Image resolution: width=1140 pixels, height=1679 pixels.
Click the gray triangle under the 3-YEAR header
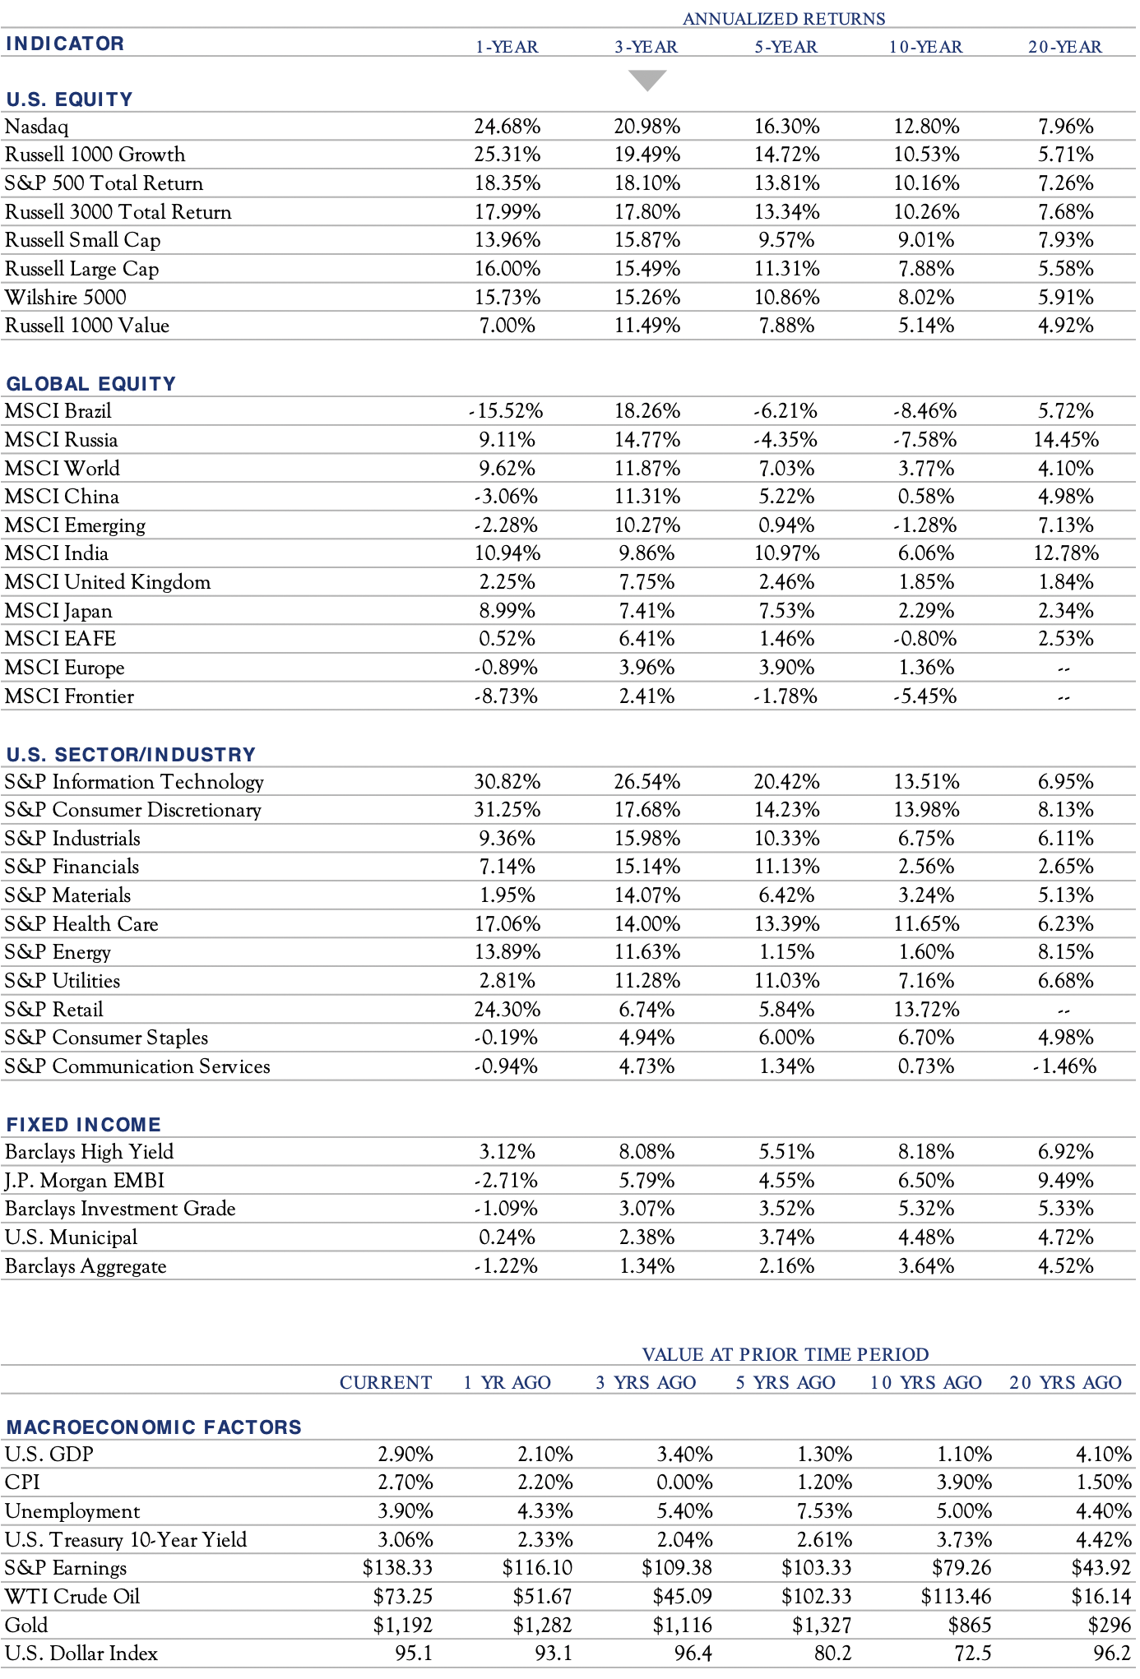[647, 80]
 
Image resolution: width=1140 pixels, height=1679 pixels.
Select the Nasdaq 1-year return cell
[507, 127]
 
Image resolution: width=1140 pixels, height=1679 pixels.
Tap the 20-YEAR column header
[1065, 47]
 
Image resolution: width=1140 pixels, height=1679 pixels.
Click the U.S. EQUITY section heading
[69, 99]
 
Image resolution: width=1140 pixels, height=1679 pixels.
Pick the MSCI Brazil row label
[58, 411]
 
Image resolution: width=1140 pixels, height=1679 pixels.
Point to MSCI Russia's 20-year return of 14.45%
[1065, 440]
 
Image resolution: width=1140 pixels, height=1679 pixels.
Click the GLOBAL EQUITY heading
[91, 384]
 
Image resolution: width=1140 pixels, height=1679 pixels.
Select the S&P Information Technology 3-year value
[646, 781]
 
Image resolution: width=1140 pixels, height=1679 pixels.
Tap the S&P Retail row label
[54, 1010]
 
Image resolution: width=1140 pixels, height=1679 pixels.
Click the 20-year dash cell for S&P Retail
[1064, 1011]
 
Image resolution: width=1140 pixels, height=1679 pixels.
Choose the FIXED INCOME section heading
[84, 1125]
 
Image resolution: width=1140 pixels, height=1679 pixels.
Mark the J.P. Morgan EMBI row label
[85, 1181]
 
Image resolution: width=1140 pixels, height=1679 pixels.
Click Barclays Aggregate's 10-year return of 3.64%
[926, 1266]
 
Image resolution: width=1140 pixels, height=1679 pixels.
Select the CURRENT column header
[386, 1383]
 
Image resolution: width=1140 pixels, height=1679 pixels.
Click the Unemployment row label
[72, 1511]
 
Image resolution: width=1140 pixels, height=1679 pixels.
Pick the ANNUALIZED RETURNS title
[784, 19]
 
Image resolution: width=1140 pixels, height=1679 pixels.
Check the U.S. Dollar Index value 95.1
[414, 1654]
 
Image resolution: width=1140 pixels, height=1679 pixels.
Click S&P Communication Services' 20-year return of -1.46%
[1064, 1066]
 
